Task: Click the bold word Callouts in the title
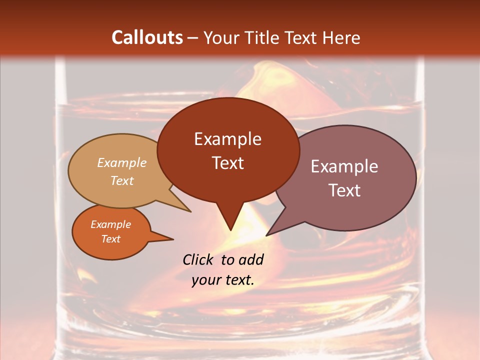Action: tap(147, 37)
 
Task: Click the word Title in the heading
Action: tap(263, 37)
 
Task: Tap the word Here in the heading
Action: tap(340, 37)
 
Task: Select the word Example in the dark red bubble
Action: tap(227, 139)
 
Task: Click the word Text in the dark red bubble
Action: tap(227, 163)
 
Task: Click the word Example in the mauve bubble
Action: tap(344, 166)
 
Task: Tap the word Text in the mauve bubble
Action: tap(344, 190)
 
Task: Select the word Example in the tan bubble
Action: tap(122, 163)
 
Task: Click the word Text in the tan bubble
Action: tap(122, 181)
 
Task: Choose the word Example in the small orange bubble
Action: tap(110, 224)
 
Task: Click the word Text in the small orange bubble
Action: tap(110, 239)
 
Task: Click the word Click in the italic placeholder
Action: tap(199, 259)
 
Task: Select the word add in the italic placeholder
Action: tap(251, 259)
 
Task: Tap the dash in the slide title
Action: tap(193, 38)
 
